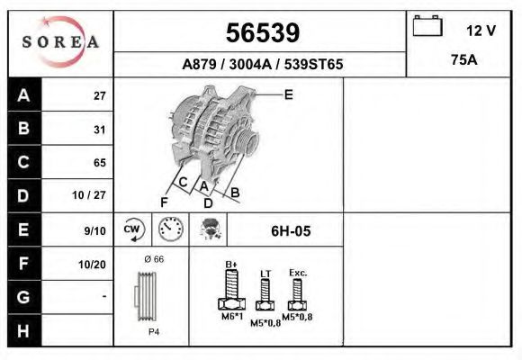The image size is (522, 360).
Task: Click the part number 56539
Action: [x=261, y=33]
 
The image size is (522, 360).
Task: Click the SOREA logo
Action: [x=60, y=42]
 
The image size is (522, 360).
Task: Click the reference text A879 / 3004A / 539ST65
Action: [x=262, y=65]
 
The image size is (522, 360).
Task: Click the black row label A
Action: [x=24, y=95]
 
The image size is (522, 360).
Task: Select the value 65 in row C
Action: [x=99, y=163]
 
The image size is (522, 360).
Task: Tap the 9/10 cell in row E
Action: [x=94, y=231]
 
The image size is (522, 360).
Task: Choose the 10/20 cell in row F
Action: [x=94, y=264]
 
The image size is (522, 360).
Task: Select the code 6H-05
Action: [x=291, y=231]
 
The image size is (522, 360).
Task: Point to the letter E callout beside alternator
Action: [x=289, y=94]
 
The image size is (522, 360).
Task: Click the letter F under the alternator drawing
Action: [x=164, y=202]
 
